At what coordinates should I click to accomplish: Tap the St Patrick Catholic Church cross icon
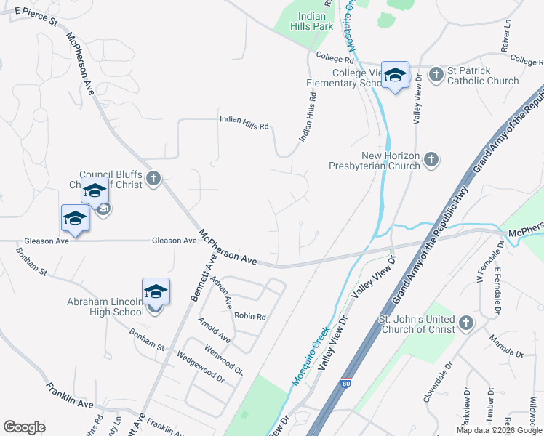click(436, 74)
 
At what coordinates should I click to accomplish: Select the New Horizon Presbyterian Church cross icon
click(431, 159)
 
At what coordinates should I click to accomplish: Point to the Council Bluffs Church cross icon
click(153, 179)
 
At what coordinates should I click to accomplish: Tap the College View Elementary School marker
click(396, 76)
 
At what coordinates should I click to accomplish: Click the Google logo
click(24, 427)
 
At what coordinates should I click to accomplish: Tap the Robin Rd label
click(250, 316)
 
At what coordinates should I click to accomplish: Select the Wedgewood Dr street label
click(201, 366)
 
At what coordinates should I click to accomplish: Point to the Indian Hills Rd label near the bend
click(244, 122)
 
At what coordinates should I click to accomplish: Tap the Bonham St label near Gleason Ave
click(33, 262)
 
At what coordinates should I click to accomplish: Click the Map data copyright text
click(498, 430)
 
